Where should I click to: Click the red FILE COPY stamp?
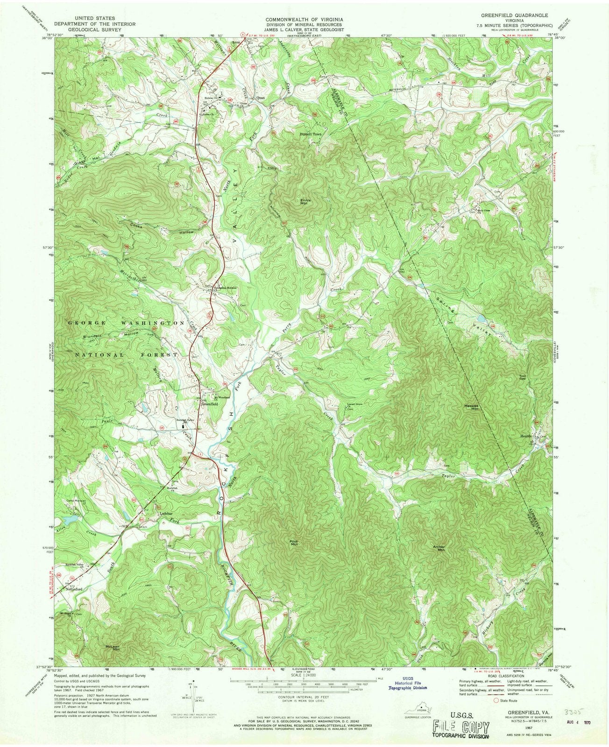[460, 727]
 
